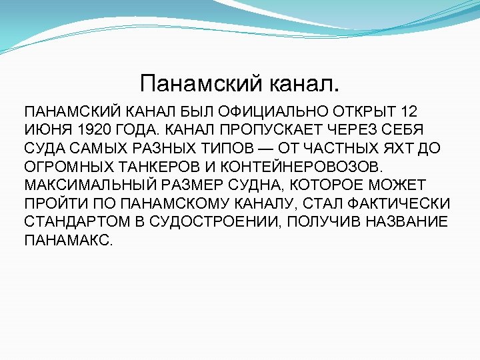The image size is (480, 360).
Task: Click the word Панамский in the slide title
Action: coord(199,84)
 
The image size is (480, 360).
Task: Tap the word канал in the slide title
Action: coord(303,84)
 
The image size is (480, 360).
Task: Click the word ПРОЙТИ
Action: coord(53,202)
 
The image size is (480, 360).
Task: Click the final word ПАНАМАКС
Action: coord(69,239)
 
